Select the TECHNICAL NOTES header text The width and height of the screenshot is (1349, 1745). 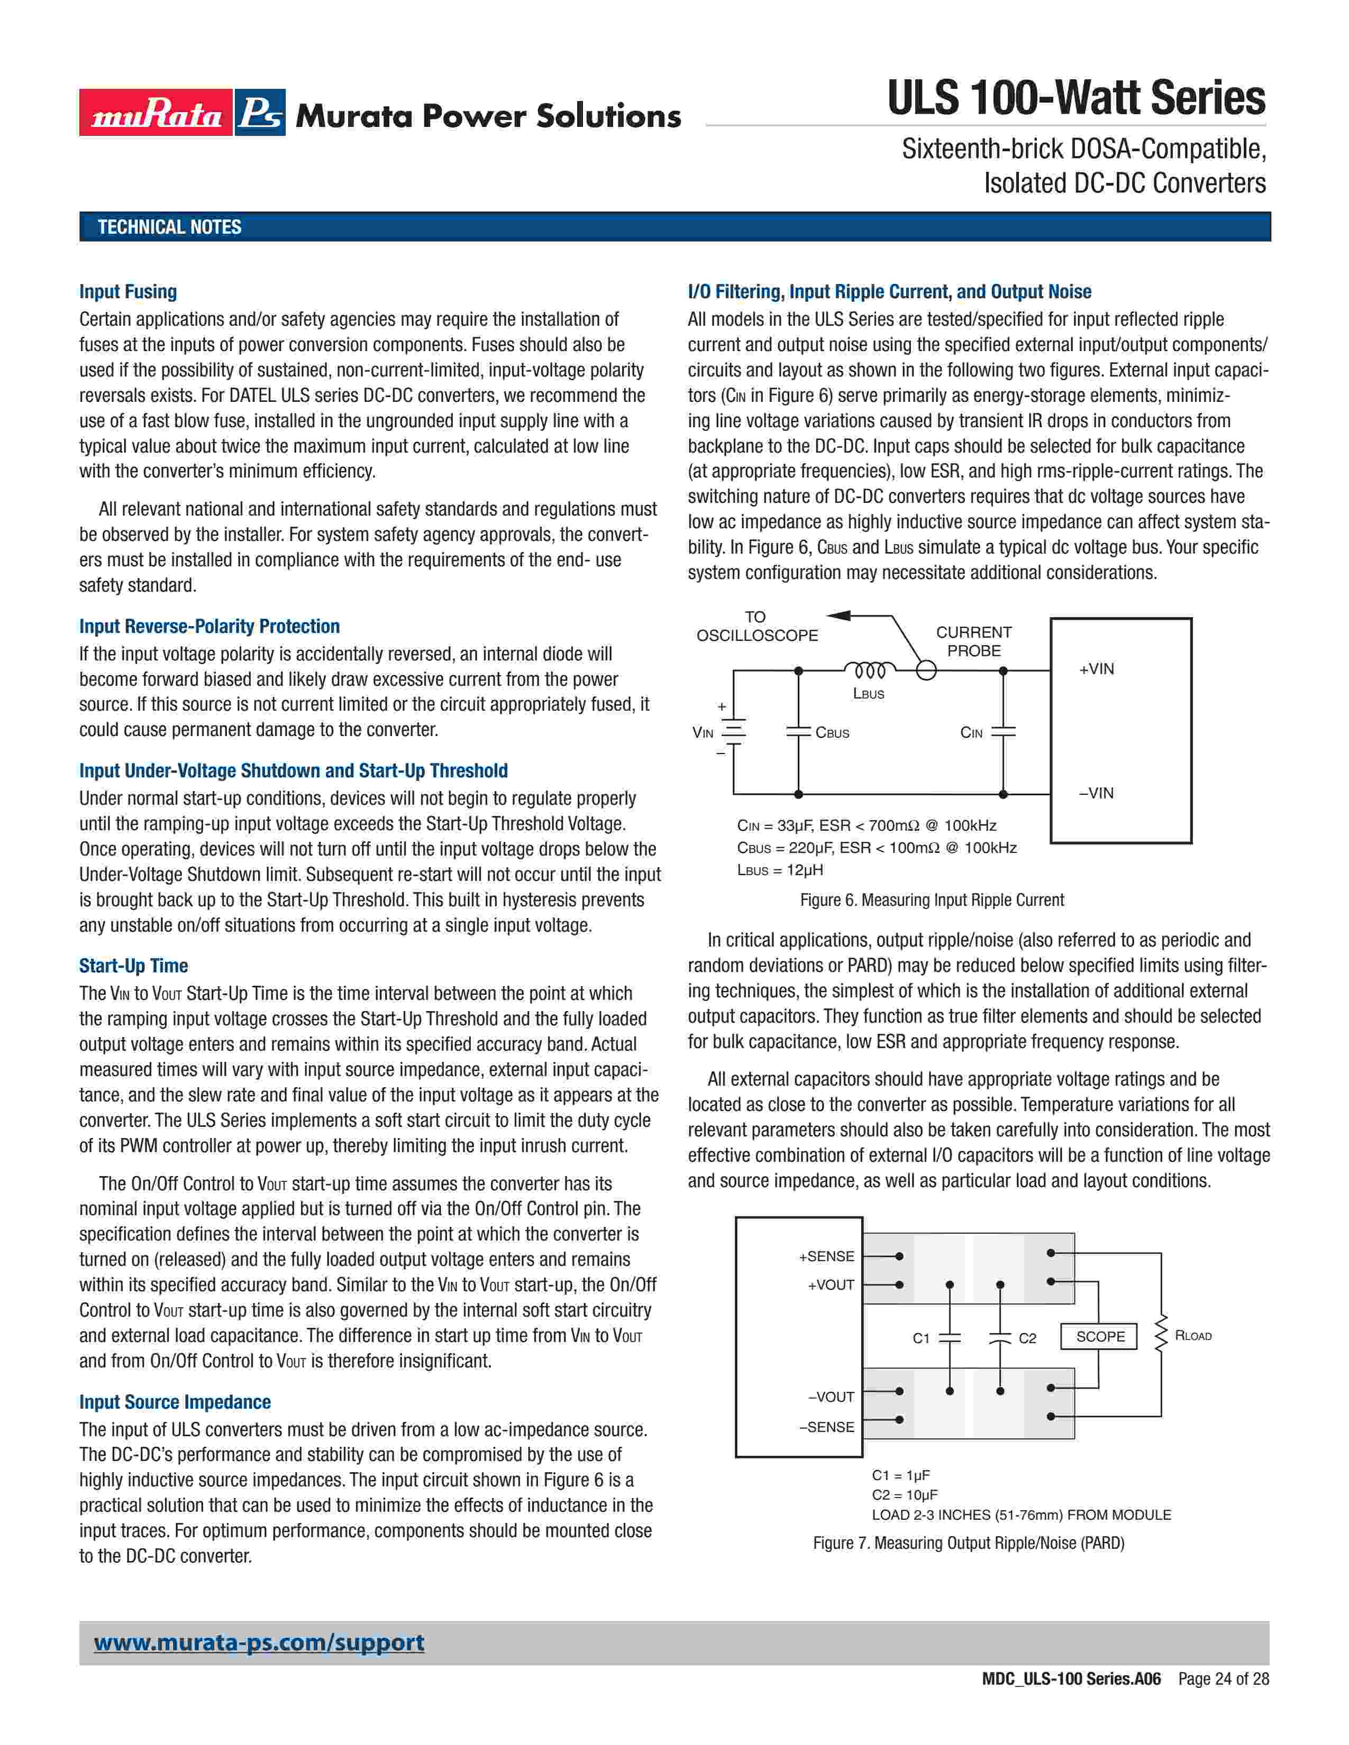click(x=169, y=227)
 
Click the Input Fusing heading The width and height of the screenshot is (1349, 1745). click(x=128, y=292)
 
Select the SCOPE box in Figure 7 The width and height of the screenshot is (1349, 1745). click(x=1100, y=1336)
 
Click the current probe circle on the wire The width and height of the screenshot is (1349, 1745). click(x=925, y=671)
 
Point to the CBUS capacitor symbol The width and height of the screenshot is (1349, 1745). click(x=798, y=731)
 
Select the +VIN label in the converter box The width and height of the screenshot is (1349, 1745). click(x=1097, y=669)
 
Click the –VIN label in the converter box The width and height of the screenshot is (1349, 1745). click(x=1097, y=793)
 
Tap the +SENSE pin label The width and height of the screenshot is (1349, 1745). click(x=826, y=1256)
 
